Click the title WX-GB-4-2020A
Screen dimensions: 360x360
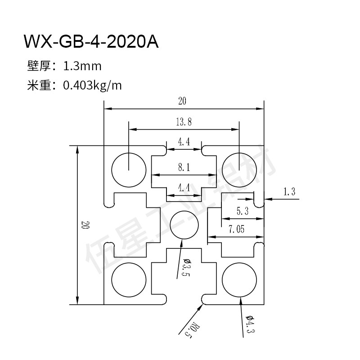(x=91, y=42)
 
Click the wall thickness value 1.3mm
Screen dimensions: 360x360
(x=82, y=67)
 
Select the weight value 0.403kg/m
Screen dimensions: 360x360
(x=93, y=85)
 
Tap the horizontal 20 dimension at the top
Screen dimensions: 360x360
(x=182, y=101)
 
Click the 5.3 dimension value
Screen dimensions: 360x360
(x=242, y=210)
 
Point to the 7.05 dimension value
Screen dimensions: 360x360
(x=236, y=229)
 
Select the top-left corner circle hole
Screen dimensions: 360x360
(x=129, y=170)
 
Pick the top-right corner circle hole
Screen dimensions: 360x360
(x=238, y=170)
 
